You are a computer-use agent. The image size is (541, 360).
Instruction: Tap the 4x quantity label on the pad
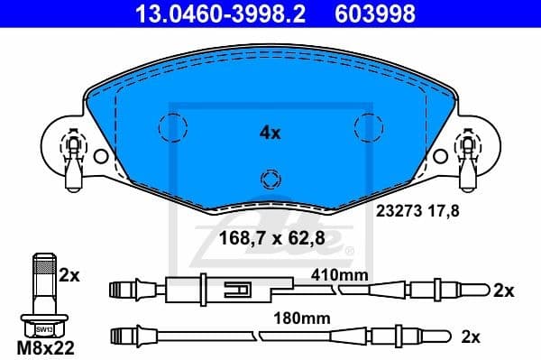pyautogui.click(x=270, y=133)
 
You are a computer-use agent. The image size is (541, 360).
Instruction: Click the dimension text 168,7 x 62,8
pyautogui.click(x=270, y=239)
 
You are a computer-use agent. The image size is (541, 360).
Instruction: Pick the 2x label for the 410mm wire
pyautogui.click(x=503, y=291)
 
